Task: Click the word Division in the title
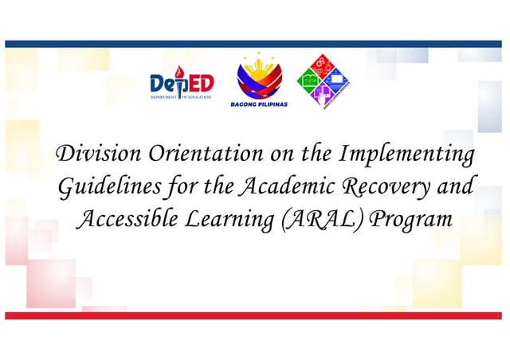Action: (x=88, y=154)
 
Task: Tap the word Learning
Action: (x=224, y=219)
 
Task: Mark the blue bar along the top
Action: (x=255, y=44)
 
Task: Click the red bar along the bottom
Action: (x=255, y=316)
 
